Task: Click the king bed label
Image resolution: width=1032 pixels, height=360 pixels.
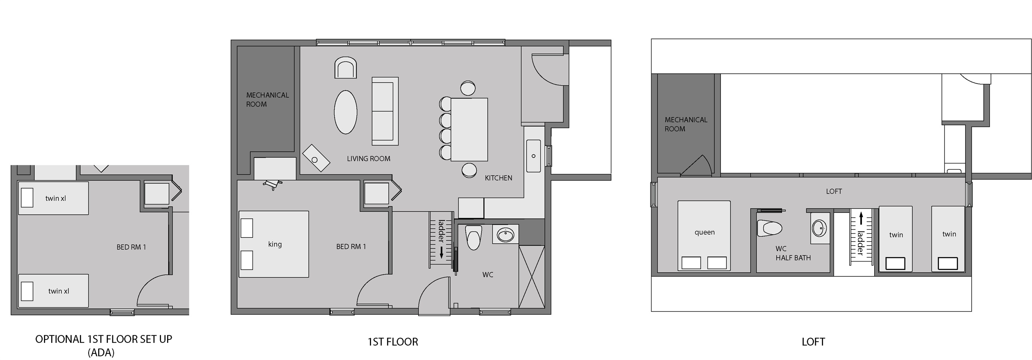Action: [275, 244]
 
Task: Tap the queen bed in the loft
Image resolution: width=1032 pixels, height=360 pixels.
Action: [704, 235]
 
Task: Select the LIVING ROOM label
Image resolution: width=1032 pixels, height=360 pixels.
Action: [368, 159]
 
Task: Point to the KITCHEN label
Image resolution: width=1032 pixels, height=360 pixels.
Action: [498, 178]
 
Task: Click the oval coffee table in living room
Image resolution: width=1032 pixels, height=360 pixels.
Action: [345, 112]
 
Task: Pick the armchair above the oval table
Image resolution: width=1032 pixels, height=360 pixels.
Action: [345, 68]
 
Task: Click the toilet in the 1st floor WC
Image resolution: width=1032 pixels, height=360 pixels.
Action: [473, 238]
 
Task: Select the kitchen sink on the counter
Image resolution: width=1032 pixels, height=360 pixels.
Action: [533, 156]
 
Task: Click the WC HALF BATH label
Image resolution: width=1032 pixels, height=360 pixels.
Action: [793, 254]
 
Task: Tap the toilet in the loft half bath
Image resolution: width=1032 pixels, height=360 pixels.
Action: [770, 228]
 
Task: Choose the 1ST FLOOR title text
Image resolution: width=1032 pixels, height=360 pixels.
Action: [392, 341]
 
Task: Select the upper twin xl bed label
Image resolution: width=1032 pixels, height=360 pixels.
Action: [56, 198]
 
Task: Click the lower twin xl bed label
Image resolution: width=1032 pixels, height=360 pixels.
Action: [59, 291]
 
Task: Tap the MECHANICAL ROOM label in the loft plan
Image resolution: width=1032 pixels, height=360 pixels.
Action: [685, 124]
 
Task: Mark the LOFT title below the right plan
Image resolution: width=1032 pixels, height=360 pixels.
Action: [813, 341]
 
